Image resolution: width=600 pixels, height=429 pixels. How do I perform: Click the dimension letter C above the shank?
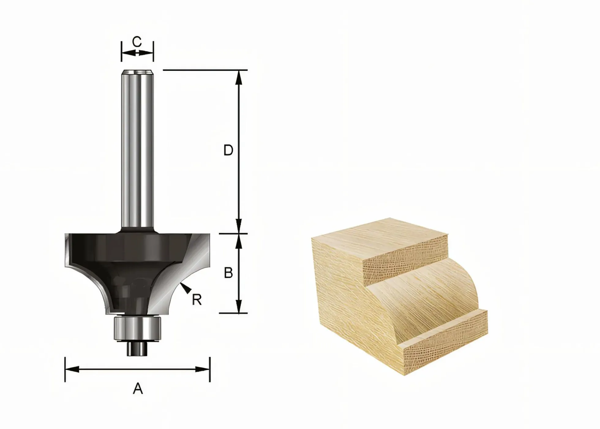[137, 42]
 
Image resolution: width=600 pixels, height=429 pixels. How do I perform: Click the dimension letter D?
[228, 150]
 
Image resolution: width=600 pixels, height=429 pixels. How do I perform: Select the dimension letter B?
[228, 273]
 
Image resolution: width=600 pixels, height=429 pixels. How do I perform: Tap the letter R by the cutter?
[197, 300]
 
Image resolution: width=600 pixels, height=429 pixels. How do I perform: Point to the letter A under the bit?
[138, 389]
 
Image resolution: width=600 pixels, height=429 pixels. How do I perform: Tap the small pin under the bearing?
[137, 348]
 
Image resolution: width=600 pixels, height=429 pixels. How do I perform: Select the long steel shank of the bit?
[137, 149]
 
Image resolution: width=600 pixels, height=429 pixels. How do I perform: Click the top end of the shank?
[137, 71]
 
